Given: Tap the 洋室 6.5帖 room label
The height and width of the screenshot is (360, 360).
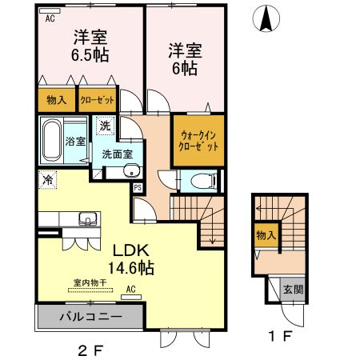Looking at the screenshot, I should tap(91, 46).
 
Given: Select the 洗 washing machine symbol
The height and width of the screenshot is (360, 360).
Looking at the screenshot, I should tap(106, 126).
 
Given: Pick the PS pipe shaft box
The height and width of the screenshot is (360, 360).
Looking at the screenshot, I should tap(138, 188).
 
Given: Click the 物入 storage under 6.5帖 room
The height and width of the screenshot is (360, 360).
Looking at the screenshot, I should tap(56, 101).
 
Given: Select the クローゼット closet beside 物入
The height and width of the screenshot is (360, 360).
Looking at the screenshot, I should tap(97, 101).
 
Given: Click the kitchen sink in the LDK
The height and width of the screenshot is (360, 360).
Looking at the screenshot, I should tap(86, 218).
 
